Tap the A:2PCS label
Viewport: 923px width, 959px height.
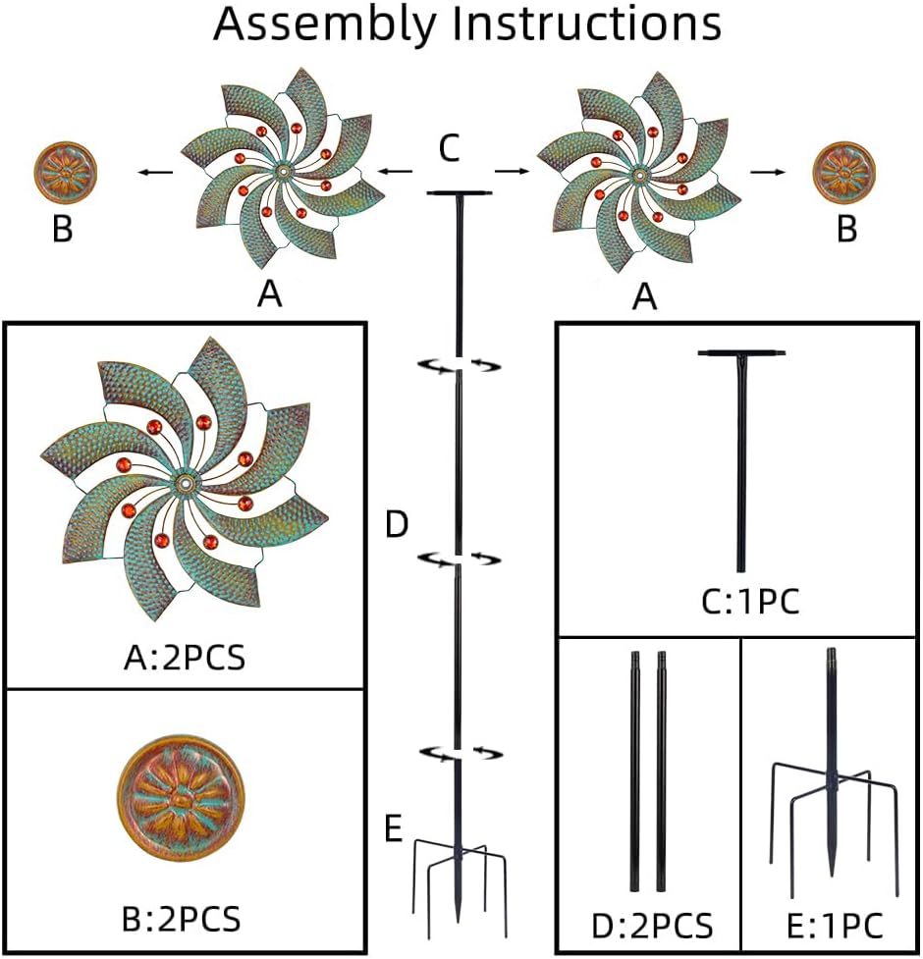pyautogui.click(x=184, y=656)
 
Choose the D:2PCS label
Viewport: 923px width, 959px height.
pyautogui.click(x=651, y=926)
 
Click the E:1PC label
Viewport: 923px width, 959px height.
pyautogui.click(x=835, y=926)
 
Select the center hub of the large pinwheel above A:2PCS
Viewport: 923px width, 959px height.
pyautogui.click(x=186, y=483)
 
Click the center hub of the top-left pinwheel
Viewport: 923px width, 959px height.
pyautogui.click(x=283, y=173)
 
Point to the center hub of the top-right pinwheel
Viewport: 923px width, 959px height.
pyautogui.click(x=639, y=175)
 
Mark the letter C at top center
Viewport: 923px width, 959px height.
pyautogui.click(x=449, y=149)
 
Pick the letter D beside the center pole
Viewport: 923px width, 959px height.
pyautogui.click(x=396, y=525)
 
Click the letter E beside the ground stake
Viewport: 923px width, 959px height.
pyautogui.click(x=394, y=829)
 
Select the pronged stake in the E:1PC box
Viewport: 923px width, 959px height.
pyautogui.click(x=833, y=775)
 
